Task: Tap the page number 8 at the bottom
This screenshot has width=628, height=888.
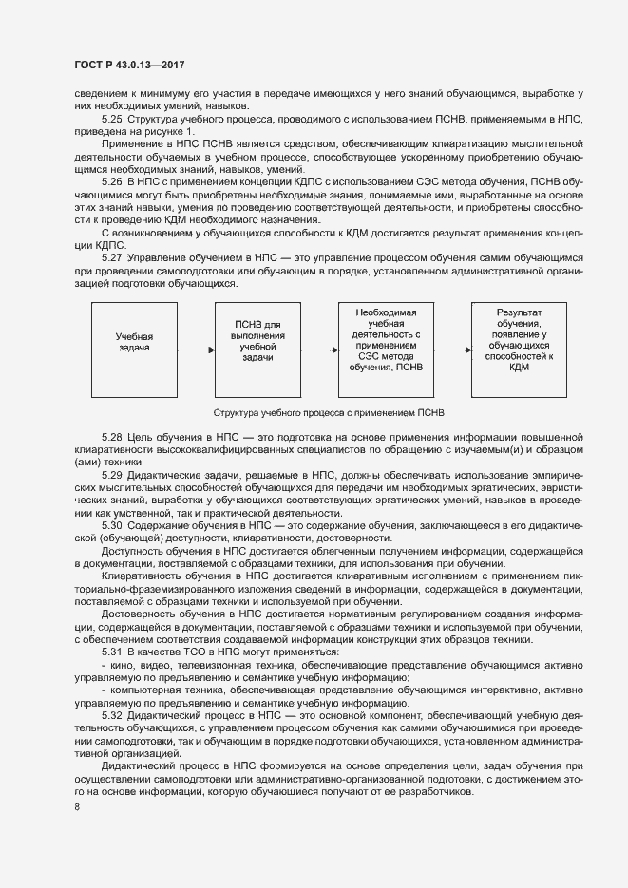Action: click(77, 808)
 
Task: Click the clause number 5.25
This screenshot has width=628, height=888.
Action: click(113, 118)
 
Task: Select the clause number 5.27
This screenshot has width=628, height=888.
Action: click(113, 258)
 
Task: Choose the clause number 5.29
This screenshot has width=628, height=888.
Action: click(113, 474)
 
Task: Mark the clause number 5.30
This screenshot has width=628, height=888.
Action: click(113, 525)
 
